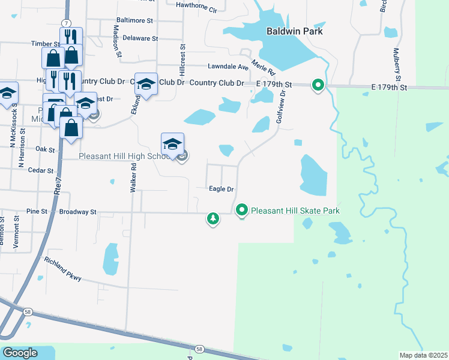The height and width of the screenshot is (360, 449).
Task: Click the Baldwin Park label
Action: tap(295, 31)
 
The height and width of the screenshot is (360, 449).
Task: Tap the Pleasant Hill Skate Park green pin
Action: tap(242, 210)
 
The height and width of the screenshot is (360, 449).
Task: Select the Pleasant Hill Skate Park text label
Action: tap(295, 211)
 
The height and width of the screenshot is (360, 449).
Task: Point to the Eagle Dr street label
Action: tap(221, 189)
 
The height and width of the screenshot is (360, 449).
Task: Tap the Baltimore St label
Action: tap(134, 20)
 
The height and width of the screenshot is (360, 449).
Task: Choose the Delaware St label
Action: tap(139, 38)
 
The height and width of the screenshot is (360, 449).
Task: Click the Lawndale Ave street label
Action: tap(228, 67)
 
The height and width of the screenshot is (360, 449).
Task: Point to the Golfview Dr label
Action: tap(280, 106)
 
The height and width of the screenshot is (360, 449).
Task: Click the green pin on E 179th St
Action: tap(318, 86)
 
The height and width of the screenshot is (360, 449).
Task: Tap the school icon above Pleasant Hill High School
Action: tap(172, 144)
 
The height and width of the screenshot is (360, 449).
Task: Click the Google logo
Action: tap(20, 353)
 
